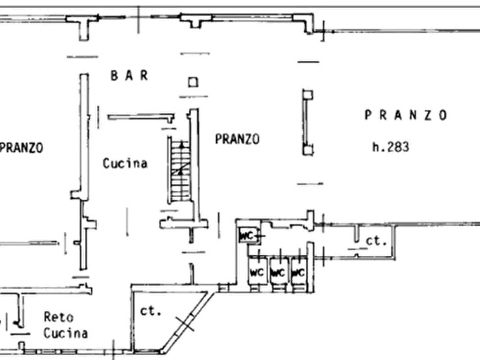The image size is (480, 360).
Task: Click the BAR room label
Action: point(130,75)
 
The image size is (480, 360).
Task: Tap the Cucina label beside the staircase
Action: point(125,163)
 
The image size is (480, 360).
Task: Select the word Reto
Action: point(59,317)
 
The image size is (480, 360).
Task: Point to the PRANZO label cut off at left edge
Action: point(22,148)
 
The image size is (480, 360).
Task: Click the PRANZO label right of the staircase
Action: point(237,139)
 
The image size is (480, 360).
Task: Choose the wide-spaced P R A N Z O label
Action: point(406,115)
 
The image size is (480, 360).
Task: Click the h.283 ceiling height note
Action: point(391,147)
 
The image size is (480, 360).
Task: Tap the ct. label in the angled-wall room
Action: point(151,311)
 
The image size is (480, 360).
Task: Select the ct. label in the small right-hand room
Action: point(376,241)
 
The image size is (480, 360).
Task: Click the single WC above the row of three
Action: point(248,236)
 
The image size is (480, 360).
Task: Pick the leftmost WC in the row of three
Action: point(256,272)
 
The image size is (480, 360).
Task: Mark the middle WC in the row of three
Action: point(278,272)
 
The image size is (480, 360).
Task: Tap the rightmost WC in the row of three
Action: point(298,272)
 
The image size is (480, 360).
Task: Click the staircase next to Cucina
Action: point(180,170)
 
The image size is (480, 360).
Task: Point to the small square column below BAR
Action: point(193,82)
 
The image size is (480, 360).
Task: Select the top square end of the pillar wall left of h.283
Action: point(308,95)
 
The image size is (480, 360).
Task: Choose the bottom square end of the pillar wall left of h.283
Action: point(308,150)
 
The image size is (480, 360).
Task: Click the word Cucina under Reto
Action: point(66,333)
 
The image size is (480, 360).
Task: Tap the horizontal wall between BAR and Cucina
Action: point(141,117)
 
